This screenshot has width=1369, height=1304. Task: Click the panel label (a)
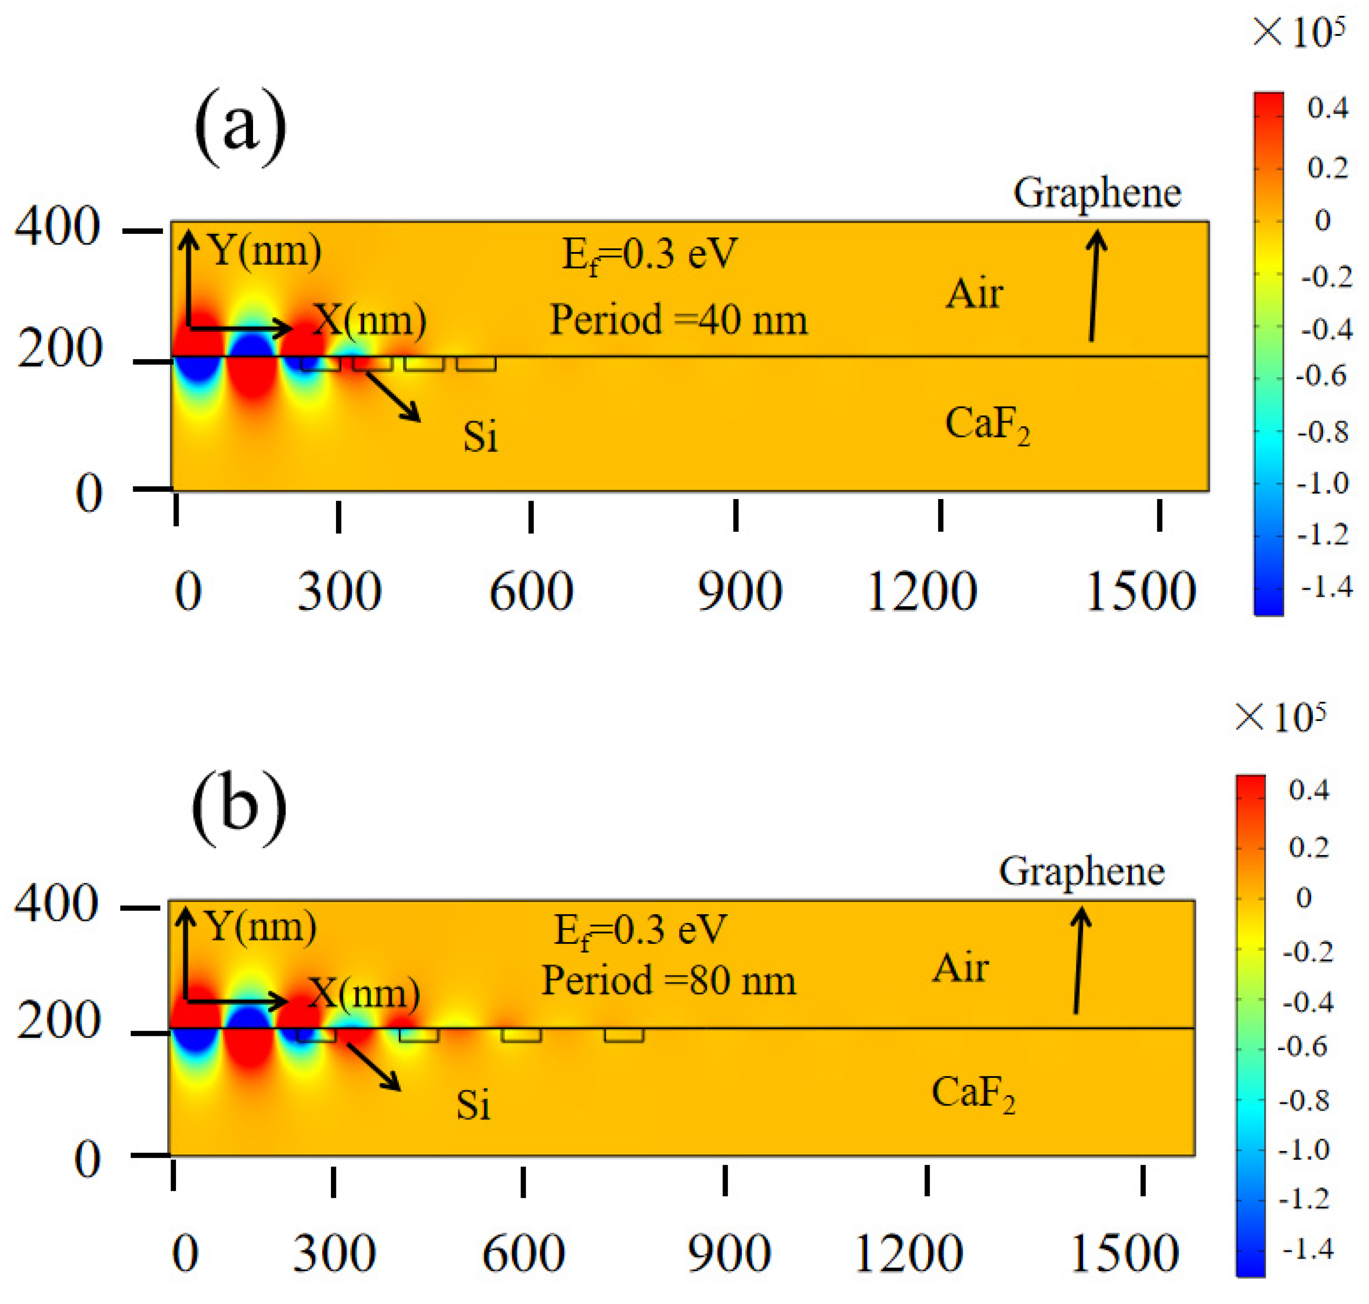[240, 127]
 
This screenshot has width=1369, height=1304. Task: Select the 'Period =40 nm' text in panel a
[678, 320]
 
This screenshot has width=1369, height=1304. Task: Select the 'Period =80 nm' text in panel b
[668, 981]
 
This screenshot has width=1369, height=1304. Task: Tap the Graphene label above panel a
[1096, 193]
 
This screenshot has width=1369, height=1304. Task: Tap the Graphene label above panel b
[1081, 871]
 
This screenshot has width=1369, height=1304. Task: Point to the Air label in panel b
[960, 968]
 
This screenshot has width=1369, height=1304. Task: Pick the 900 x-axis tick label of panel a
[739, 592]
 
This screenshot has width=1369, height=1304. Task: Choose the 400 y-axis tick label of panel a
[58, 227]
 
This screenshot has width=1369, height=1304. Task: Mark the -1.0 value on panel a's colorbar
[1323, 484]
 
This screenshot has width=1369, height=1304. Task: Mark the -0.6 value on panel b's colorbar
[1303, 1047]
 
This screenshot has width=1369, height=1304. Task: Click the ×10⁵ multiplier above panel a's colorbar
[1298, 33]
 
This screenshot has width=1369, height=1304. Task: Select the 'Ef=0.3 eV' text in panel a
[649, 255]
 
